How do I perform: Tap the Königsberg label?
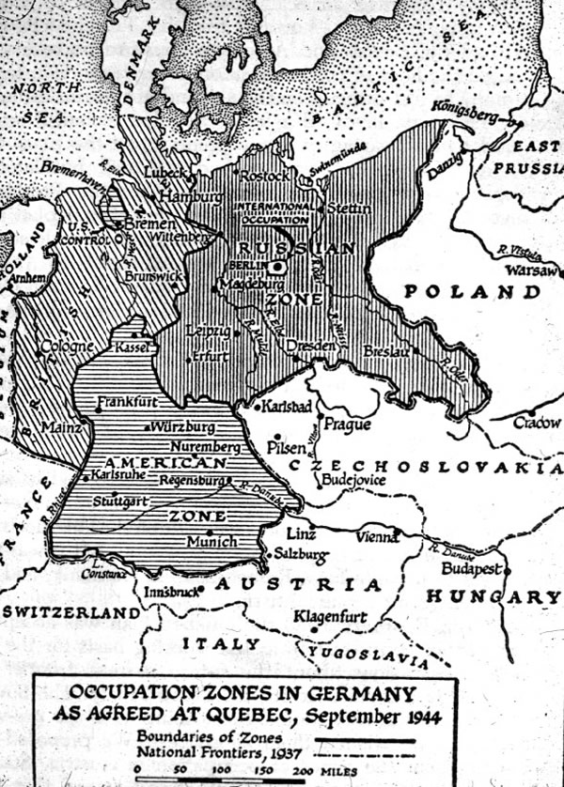(464, 111)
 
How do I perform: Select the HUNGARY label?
(492, 596)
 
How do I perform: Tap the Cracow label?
(538, 424)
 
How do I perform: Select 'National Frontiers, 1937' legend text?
(209, 751)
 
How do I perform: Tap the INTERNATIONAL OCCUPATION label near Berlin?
(272, 209)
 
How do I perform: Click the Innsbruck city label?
(173, 593)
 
